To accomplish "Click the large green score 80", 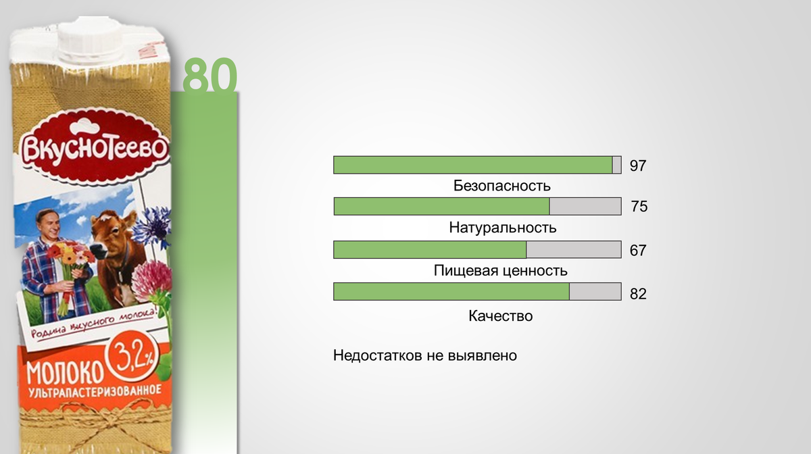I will pyautogui.click(x=210, y=76).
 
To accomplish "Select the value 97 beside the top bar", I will pyautogui.click(x=638, y=166).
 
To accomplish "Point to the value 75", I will pyautogui.click(x=639, y=207).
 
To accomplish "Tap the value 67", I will pyautogui.click(x=638, y=251).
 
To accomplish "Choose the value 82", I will pyautogui.click(x=638, y=294).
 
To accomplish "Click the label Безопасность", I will pyautogui.click(x=502, y=186).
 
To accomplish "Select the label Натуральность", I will pyautogui.click(x=502, y=228).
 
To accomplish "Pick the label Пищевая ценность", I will pyautogui.click(x=500, y=272).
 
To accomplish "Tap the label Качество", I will pyautogui.click(x=500, y=316).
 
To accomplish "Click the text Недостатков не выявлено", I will pyautogui.click(x=424, y=355).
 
